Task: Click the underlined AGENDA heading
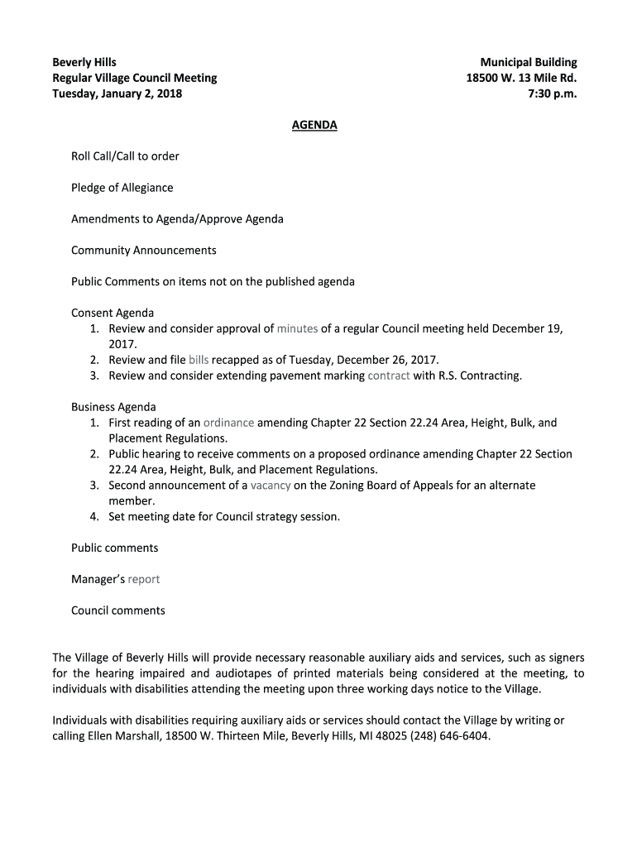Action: point(314,126)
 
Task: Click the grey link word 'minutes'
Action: point(297,328)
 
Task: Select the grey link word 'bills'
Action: point(199,360)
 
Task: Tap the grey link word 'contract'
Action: point(389,376)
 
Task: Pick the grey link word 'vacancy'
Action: point(271,486)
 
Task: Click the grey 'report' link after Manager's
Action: point(143,579)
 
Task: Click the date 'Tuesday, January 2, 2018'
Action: point(117,93)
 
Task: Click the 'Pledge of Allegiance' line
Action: point(122,188)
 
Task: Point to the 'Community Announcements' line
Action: point(143,251)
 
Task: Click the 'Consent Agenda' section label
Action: point(113,313)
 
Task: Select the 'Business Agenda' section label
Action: point(113,407)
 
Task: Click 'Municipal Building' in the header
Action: point(529,62)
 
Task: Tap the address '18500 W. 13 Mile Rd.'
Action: point(521,78)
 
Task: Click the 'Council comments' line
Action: point(117,610)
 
